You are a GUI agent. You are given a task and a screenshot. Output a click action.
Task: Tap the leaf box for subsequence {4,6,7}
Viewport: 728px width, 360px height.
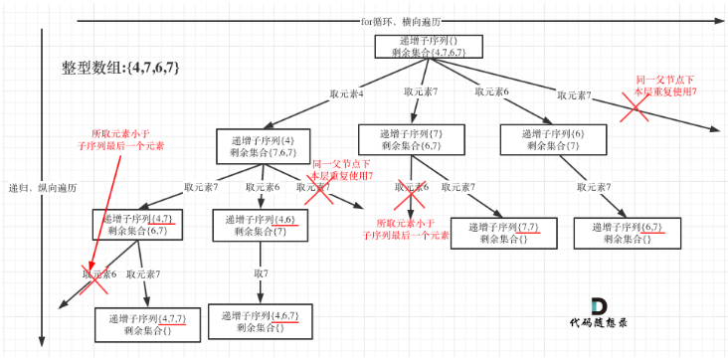point(261,321)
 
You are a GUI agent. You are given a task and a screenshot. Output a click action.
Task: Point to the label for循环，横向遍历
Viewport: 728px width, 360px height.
point(402,21)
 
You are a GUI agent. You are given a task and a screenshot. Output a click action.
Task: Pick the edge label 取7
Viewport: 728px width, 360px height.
point(261,271)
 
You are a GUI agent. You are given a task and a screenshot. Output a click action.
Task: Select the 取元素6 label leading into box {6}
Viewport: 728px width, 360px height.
point(491,92)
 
